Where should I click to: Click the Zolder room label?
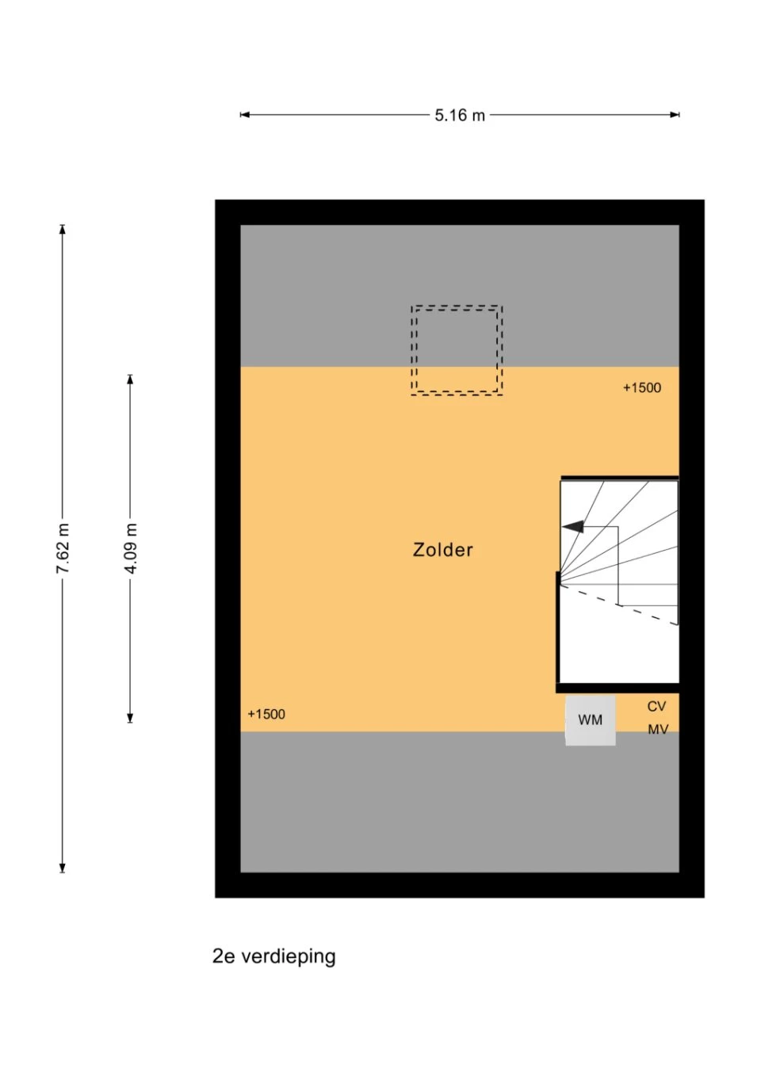tap(442, 550)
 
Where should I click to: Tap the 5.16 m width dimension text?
tap(460, 116)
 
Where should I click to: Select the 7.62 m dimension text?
tap(63, 548)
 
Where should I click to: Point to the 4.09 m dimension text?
tap(130, 548)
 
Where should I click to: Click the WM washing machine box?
tap(590, 720)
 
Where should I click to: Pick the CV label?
tap(656, 707)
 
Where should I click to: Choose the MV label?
tap(658, 730)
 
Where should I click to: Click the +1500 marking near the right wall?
tap(642, 387)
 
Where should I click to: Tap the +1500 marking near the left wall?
tap(266, 714)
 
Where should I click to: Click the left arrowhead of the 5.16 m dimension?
tap(244, 115)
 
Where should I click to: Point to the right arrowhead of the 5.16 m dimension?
tap(675, 115)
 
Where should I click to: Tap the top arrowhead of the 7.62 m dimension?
tap(63, 229)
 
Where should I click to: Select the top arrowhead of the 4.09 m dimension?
tap(130, 379)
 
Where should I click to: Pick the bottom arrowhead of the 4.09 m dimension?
tap(130, 718)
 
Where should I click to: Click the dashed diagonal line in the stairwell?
tap(619, 605)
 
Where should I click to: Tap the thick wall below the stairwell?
tap(618, 688)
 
